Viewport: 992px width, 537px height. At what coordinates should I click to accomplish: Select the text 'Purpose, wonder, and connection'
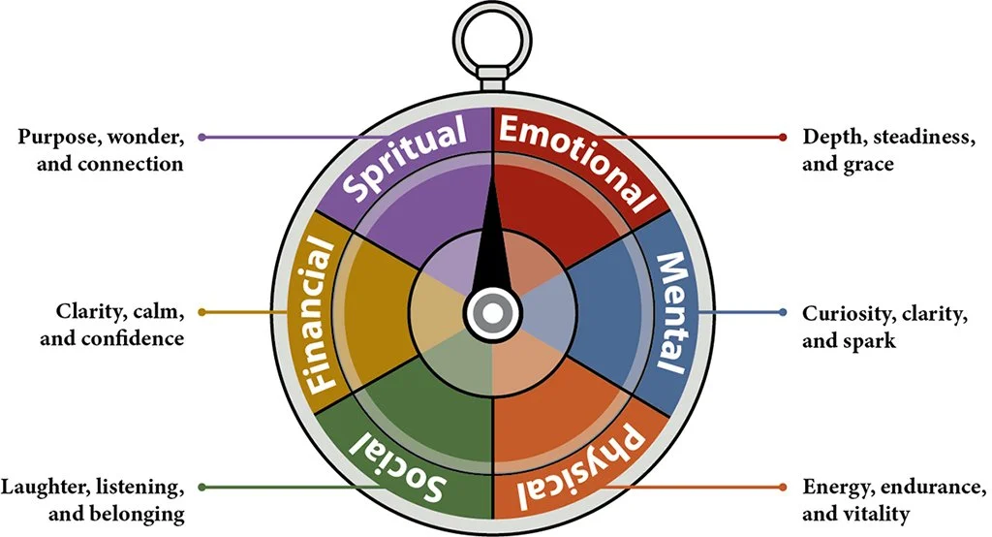coord(101,149)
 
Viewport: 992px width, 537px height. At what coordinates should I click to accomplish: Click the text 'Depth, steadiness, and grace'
coord(888,149)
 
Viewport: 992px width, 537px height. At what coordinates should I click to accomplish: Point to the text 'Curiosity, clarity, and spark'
coord(883,327)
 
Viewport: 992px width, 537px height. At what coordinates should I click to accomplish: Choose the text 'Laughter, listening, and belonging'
coord(94,499)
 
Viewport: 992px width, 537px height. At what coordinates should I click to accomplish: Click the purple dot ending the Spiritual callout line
coord(201,138)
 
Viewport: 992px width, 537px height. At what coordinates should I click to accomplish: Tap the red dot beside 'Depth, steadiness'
coord(783,138)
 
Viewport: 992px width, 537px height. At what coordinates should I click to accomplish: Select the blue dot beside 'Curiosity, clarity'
coord(783,312)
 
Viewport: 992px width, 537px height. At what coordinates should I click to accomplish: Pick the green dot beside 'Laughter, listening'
coord(201,487)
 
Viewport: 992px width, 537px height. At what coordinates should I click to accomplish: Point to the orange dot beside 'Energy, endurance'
coord(783,487)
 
